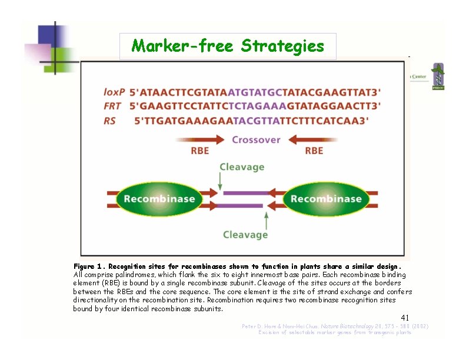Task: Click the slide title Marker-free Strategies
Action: [x=228, y=46]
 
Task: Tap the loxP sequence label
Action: [x=114, y=92]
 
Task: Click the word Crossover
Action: [x=256, y=140]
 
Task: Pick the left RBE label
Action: [x=200, y=151]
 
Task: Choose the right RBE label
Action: [x=314, y=151]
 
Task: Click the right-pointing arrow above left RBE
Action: [x=199, y=140]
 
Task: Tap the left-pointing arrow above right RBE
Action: [x=314, y=140]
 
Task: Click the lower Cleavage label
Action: [x=245, y=235]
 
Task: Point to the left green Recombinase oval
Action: [x=159, y=198]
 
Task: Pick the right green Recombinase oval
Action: [x=325, y=198]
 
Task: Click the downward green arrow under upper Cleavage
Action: [x=222, y=182]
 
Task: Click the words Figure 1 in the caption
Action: [x=88, y=266]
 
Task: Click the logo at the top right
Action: [x=437, y=76]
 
